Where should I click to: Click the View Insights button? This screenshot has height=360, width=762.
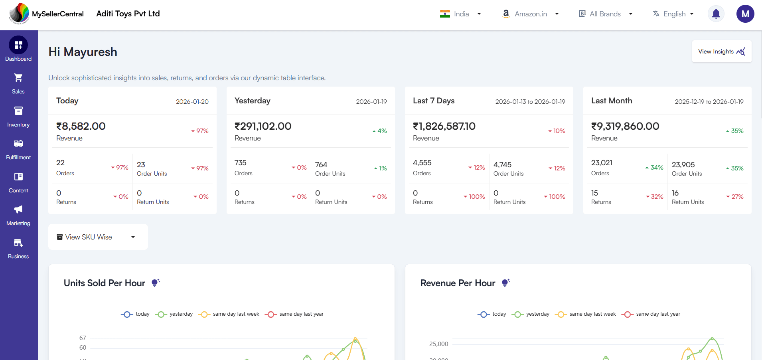pyautogui.click(x=721, y=51)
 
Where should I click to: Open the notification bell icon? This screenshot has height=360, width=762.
pyautogui.click(x=716, y=14)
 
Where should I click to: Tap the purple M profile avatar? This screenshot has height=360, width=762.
pyautogui.click(x=745, y=14)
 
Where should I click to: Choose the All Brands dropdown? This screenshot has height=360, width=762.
pyautogui.click(x=605, y=14)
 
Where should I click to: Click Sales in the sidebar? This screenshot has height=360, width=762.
pyautogui.click(x=18, y=83)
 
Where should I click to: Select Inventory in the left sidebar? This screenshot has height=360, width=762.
pyautogui.click(x=18, y=117)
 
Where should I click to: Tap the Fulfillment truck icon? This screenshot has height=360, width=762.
pyautogui.click(x=18, y=144)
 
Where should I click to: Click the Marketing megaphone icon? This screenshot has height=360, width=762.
pyautogui.click(x=18, y=210)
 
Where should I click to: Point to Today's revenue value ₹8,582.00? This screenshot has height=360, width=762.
pyautogui.click(x=81, y=127)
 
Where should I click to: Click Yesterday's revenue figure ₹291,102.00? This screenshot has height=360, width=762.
pyautogui.click(x=263, y=127)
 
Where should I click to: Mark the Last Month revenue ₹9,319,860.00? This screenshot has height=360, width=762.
pyautogui.click(x=625, y=127)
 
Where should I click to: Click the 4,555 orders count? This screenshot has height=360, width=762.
pyautogui.click(x=422, y=163)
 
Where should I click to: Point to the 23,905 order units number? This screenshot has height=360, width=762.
pyautogui.click(x=683, y=165)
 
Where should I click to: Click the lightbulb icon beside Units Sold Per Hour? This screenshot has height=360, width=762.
pyautogui.click(x=156, y=283)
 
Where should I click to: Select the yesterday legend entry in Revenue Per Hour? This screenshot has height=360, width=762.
pyautogui.click(x=532, y=314)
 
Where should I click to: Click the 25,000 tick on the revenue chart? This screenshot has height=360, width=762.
pyautogui.click(x=438, y=344)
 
